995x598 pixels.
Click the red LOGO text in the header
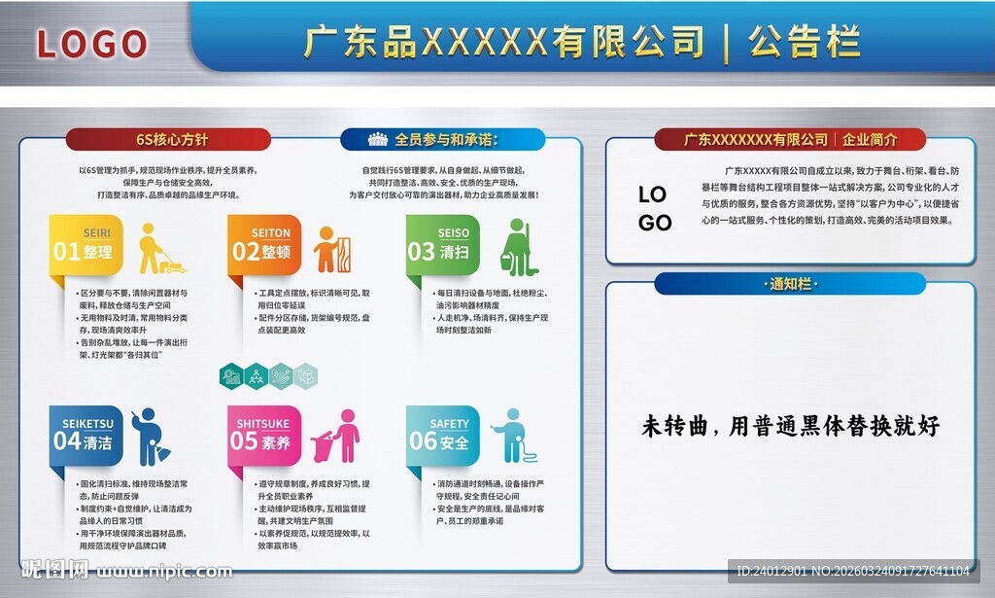click(91, 43)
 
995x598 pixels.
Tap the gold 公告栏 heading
click(805, 42)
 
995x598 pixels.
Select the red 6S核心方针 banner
click(168, 139)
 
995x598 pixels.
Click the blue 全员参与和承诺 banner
click(443, 139)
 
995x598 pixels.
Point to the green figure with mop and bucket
click(515, 248)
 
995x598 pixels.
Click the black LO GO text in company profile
click(655, 208)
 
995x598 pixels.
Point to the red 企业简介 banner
click(790, 139)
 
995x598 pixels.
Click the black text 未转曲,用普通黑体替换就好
click(790, 425)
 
